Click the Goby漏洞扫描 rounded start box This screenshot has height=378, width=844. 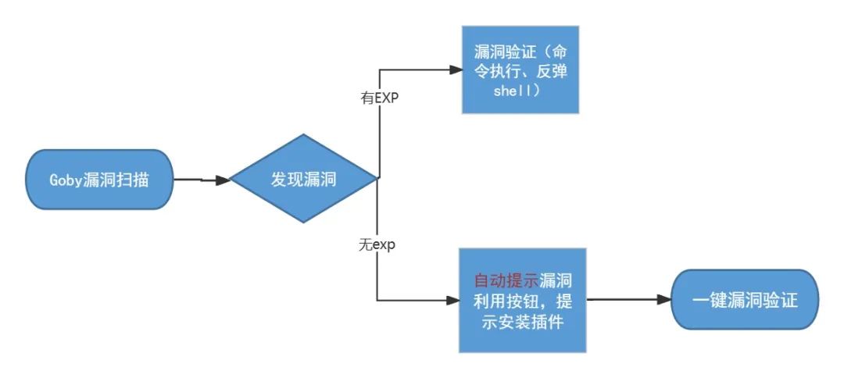[x=98, y=180]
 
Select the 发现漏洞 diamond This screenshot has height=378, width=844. [x=303, y=180]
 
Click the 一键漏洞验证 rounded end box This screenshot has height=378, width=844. [x=744, y=300]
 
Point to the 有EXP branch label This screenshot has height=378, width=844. [x=377, y=99]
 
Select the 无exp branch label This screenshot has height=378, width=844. [x=377, y=244]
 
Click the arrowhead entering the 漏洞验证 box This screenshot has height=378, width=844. [x=455, y=70]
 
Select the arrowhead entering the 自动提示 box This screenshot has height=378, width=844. [x=452, y=300]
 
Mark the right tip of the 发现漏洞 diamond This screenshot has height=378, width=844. [x=378, y=179]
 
